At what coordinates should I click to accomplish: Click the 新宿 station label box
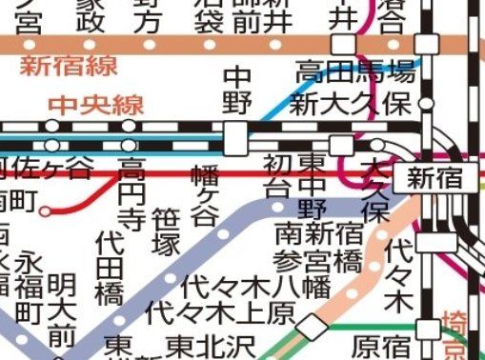(x=434, y=176)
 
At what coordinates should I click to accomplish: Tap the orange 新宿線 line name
(x=58, y=66)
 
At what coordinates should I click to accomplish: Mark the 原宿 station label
(x=380, y=342)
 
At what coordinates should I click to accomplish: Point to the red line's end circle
(x=46, y=210)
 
